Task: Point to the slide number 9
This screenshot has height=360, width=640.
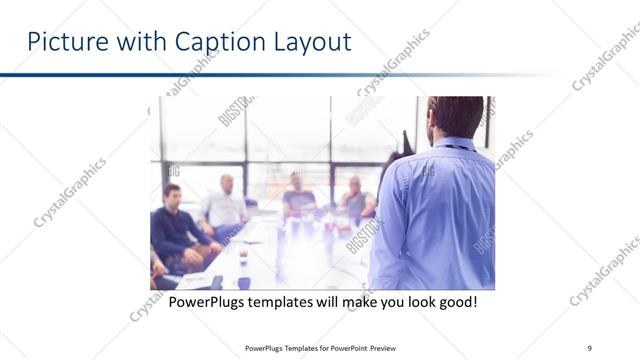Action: click(590, 348)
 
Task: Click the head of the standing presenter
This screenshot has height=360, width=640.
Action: click(456, 116)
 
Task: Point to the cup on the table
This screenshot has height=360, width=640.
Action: click(243, 257)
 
